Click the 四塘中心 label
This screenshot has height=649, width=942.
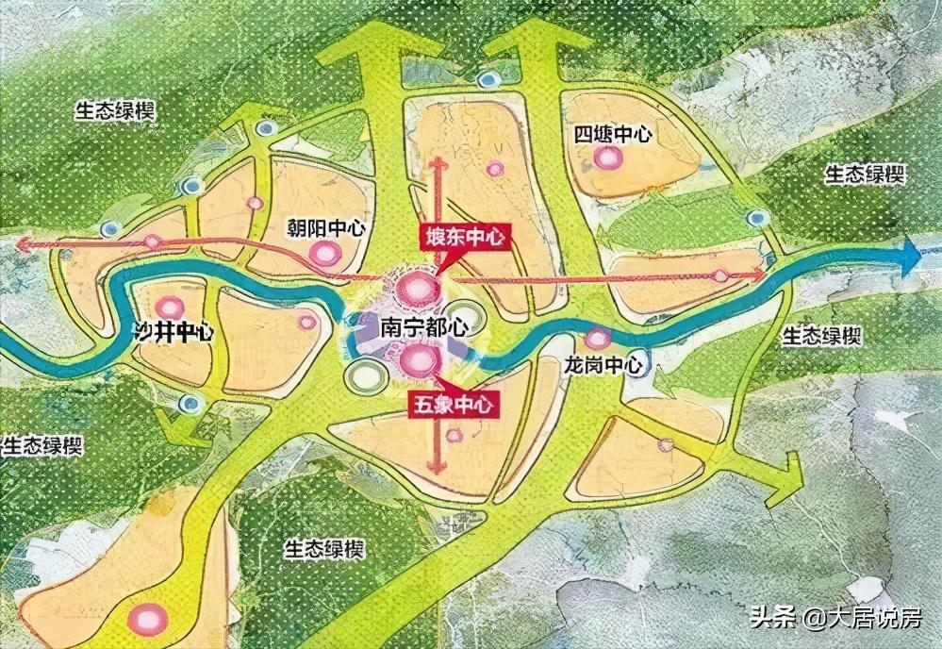click(613, 134)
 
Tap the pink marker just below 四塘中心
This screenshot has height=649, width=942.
click(607, 158)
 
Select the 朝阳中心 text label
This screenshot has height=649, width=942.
click(326, 229)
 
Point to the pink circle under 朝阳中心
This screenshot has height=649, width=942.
click(326, 253)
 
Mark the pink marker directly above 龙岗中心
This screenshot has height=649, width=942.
click(595, 339)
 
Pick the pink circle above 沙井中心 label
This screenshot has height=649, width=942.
click(171, 307)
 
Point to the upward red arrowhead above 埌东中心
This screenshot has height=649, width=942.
click(437, 163)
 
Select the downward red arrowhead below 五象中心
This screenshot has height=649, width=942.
click(436, 468)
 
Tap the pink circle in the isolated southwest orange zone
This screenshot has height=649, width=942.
click(148, 618)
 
